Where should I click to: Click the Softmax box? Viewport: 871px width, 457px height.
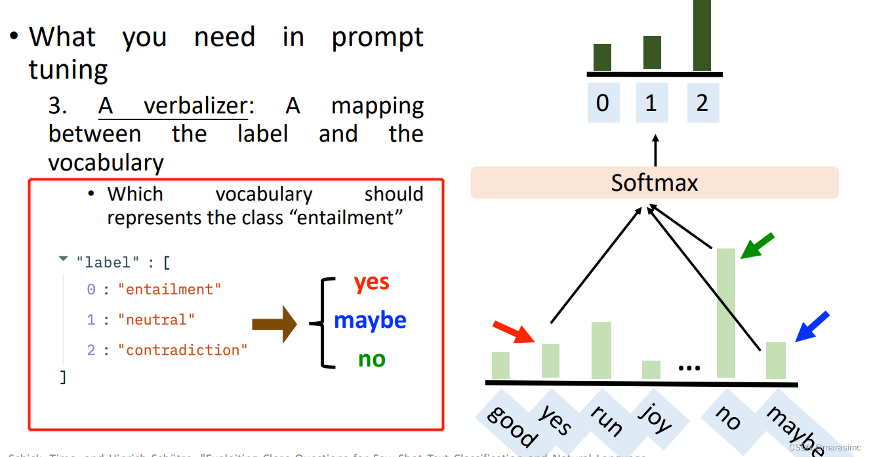654,182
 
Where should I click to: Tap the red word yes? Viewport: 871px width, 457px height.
371,282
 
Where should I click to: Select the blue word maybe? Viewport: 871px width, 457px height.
370,320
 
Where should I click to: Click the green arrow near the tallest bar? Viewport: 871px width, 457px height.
758,246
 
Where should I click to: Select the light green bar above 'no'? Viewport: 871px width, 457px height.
726,313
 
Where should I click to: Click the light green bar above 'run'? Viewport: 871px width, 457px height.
601,350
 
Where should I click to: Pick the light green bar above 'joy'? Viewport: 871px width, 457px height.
651,370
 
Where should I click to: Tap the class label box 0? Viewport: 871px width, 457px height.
602,103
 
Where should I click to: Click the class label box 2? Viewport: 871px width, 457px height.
702,103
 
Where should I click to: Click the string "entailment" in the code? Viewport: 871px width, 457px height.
169,290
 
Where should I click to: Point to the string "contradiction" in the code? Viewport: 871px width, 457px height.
182,350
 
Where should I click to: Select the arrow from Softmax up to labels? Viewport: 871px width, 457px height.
655,150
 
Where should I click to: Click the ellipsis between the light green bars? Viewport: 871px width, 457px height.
689,368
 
